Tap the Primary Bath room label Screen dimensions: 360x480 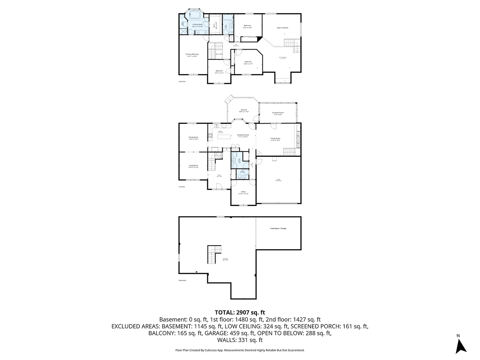[x=198, y=24]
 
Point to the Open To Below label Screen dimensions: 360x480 [x=282, y=28]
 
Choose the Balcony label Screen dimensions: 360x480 [x=244, y=110]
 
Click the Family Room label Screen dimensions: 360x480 [x=275, y=138]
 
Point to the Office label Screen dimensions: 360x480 [x=244, y=192]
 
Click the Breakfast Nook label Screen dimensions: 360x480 [x=243, y=135]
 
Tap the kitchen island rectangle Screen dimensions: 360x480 [x=224, y=137]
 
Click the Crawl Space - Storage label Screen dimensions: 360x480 [x=278, y=228]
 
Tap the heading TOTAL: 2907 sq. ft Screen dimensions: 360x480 [x=240, y=312]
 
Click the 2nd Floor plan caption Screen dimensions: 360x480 [x=182, y=81]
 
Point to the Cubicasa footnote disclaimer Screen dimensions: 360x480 [x=240, y=350]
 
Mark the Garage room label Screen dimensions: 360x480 [x=278, y=180]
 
